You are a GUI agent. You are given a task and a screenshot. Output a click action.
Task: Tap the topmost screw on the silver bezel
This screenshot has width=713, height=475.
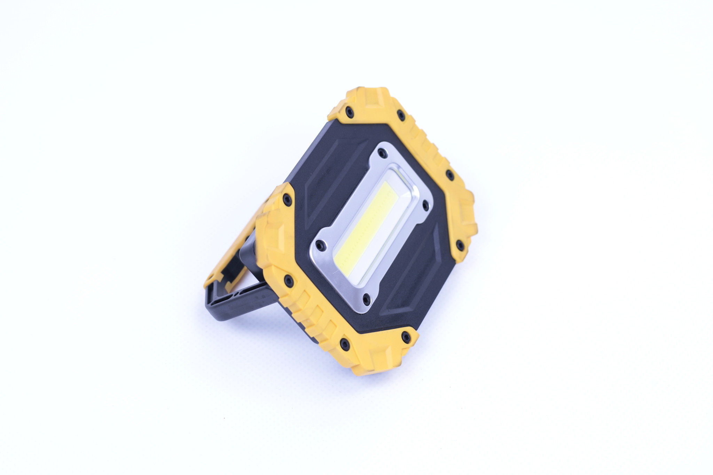coord(382,153)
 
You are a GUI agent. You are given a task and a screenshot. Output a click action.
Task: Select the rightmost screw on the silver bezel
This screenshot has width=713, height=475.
coord(425,205)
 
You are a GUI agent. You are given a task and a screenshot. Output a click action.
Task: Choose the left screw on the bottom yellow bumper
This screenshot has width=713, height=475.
coord(345,344)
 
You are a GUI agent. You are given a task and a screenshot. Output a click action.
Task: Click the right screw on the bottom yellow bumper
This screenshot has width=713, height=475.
coord(406,336)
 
